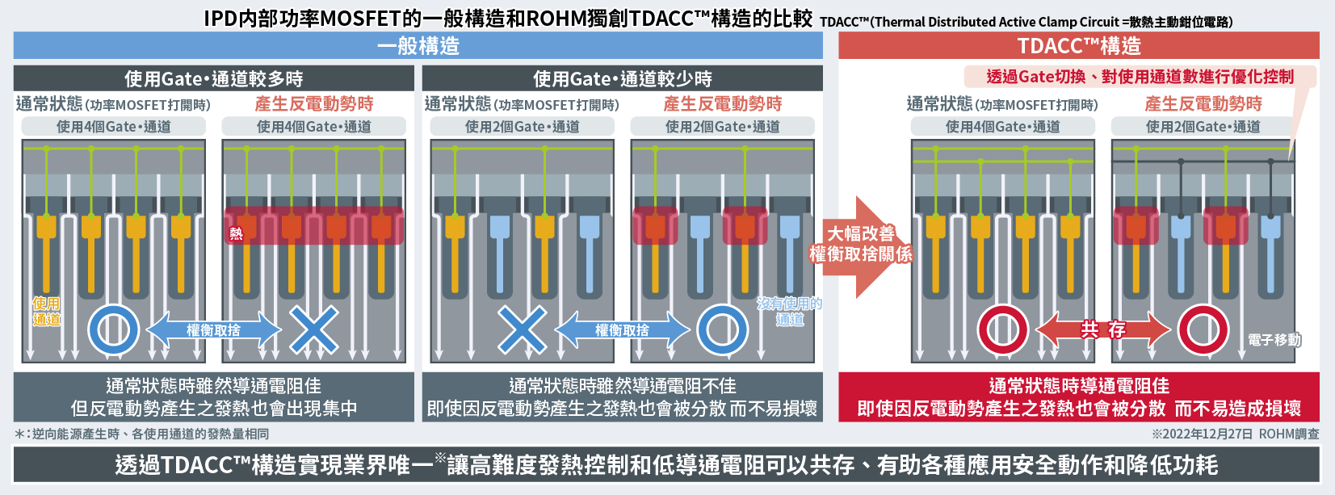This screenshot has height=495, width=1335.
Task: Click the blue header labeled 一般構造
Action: click(418, 46)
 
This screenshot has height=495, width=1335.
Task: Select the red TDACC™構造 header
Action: click(1078, 46)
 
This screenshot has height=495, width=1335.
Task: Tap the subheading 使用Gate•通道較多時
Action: click(214, 79)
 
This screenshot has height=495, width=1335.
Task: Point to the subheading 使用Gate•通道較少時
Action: click(622, 79)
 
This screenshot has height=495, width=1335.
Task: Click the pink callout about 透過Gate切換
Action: click(1140, 77)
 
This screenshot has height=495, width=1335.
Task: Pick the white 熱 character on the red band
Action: click(236, 234)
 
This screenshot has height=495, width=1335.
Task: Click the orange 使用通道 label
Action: click(46, 311)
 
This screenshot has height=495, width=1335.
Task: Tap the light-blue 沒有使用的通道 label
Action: click(789, 311)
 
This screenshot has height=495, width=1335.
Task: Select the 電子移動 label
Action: click(1274, 340)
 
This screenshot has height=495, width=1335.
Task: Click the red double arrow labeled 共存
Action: click(1102, 329)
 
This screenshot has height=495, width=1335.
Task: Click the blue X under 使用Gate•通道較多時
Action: click(313, 329)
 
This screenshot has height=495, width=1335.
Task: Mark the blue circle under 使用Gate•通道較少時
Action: click(722, 329)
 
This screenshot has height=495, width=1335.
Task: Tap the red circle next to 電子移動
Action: click(1203, 329)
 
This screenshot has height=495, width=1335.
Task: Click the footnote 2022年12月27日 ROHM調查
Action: click(1236, 434)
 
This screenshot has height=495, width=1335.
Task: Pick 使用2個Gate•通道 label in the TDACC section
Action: click(1203, 127)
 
